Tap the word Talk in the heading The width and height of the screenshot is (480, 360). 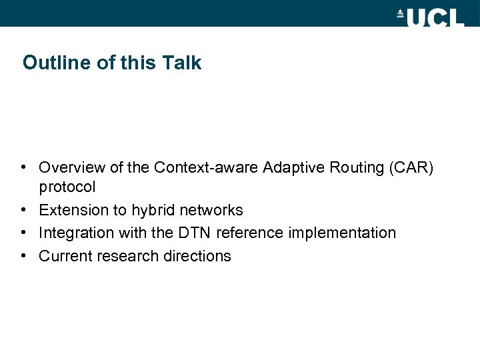pyautogui.click(x=181, y=63)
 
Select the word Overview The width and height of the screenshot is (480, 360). pyautogui.click(x=71, y=167)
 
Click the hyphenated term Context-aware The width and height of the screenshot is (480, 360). pyautogui.click(x=206, y=167)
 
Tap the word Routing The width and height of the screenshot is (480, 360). pyautogui.click(x=350, y=167)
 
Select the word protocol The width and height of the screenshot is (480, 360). pyautogui.click(x=67, y=187)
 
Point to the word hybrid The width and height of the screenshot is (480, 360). pyautogui.click(x=153, y=210)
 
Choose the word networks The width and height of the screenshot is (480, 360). pyautogui.click(x=212, y=210)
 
